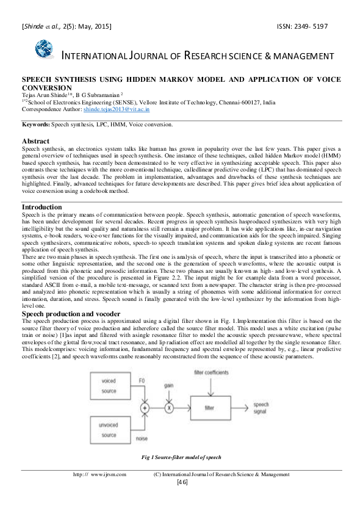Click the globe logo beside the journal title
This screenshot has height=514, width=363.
tap(45, 49)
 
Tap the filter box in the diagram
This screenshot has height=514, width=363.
tap(210, 407)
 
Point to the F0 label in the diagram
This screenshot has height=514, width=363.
tap(142, 380)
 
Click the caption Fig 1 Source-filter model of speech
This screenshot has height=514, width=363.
tap(181, 457)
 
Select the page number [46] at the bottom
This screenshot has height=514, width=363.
tap(182, 482)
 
